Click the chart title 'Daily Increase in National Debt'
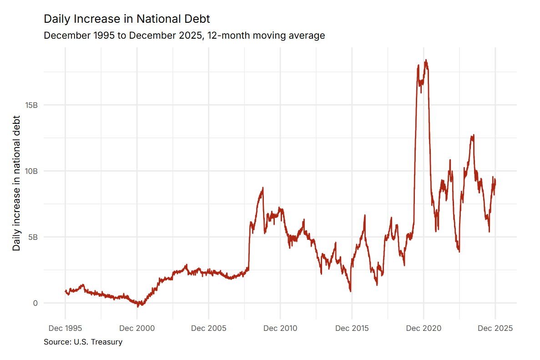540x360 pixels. point(127,19)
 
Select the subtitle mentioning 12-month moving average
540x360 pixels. point(184,35)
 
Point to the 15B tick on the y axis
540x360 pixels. point(31,105)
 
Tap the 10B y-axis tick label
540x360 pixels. point(31,171)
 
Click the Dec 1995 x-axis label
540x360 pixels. point(65,328)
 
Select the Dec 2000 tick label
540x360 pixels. point(137,328)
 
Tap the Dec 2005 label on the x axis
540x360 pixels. point(208,328)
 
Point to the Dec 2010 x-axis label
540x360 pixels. point(280,328)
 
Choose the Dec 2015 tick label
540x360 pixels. point(352,328)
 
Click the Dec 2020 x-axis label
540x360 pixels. point(424,328)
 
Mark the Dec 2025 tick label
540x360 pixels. point(495,328)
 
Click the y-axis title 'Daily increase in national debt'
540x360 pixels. point(17,183)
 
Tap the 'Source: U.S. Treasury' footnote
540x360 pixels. point(83,342)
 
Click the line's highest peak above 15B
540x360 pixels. point(426,60)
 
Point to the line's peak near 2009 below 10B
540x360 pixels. point(263,188)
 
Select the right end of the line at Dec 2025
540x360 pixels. point(495,181)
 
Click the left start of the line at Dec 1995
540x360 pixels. point(65,291)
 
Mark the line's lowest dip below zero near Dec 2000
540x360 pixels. point(138,307)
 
